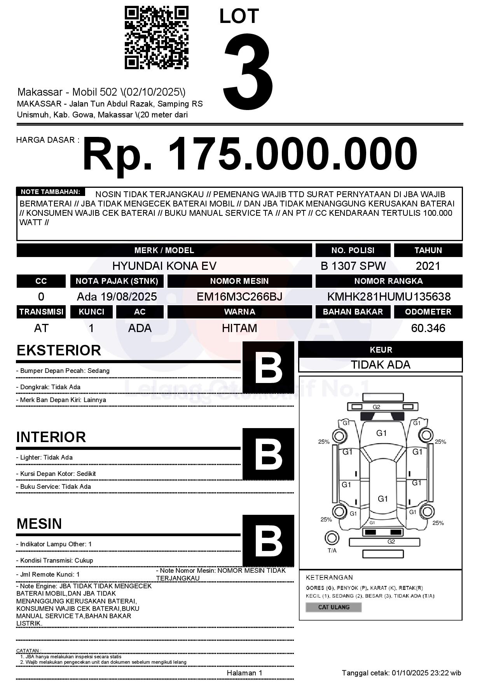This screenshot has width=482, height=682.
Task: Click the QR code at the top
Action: [156, 38]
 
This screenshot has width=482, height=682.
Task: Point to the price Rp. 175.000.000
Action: [250, 154]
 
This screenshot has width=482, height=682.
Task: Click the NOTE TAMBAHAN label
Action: [50, 192]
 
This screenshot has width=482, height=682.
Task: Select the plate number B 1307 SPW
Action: [353, 266]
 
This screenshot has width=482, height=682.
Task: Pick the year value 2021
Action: [428, 266]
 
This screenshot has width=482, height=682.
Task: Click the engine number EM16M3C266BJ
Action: [239, 297]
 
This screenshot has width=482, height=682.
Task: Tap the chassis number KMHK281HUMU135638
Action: [389, 297]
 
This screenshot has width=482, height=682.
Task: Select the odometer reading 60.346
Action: [428, 328]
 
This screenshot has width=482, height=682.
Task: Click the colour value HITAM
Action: [239, 328]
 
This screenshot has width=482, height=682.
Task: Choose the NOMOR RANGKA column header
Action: [389, 281]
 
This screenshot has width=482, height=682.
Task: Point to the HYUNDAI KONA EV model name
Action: [164, 266]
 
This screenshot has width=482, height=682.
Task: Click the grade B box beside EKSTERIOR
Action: [268, 367]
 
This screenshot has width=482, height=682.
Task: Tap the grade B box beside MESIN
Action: [268, 540]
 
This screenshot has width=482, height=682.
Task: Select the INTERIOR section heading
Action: [51, 437]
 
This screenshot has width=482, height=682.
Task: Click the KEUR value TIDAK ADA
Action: [381, 365]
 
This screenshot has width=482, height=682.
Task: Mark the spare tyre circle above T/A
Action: [332, 538]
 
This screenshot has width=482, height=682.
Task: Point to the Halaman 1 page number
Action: [244, 673]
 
